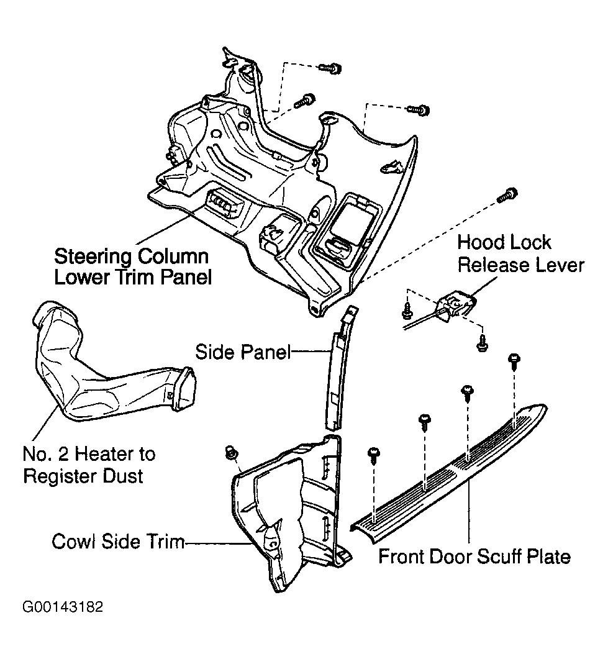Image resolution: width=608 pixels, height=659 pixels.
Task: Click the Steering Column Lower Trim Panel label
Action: (133, 266)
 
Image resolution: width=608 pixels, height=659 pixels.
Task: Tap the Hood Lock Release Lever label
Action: (520, 253)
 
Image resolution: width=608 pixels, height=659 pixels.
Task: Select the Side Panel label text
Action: (243, 352)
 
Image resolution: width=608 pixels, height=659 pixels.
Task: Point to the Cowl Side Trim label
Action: (118, 542)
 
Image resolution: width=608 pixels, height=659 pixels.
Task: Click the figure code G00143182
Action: (63, 607)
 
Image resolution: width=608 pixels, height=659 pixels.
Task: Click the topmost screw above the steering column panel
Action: (330, 68)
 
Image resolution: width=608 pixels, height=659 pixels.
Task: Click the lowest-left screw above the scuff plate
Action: (373, 455)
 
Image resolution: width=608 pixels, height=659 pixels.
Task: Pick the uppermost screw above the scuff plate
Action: (514, 361)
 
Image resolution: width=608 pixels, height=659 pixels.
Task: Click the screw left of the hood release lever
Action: (407, 311)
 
